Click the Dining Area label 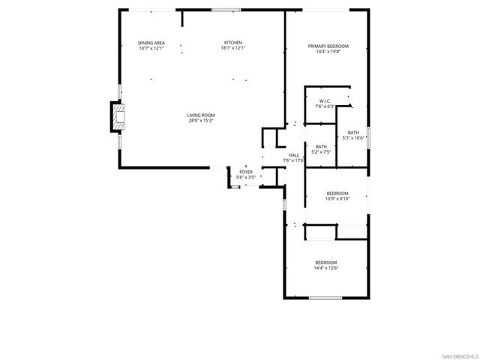[151, 43]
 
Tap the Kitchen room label [233, 43]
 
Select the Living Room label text [201, 115]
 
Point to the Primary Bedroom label [328, 46]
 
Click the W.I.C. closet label [325, 101]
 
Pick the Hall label [293, 155]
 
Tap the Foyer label [246, 172]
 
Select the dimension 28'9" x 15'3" [201, 121]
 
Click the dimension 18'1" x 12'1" [233, 49]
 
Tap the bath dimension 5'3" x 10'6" [352, 138]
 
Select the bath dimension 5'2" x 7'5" [321, 152]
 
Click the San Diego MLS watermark [458, 355]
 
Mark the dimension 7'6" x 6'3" [325, 106]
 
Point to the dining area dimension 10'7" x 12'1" [151, 49]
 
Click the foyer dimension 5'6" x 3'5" [246, 178]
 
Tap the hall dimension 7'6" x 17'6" [293, 160]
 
